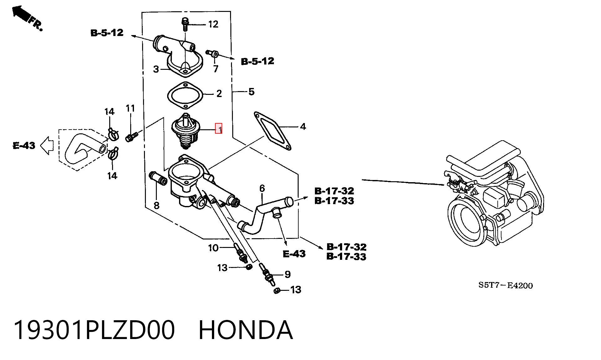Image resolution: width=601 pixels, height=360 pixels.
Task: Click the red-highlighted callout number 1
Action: [x=219, y=128]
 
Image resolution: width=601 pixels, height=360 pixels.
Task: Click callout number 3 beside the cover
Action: [x=156, y=69]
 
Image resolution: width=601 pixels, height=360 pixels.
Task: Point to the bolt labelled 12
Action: [x=185, y=24]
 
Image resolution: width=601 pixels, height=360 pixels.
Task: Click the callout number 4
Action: [x=303, y=126]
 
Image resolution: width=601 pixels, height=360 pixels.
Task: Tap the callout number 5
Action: [x=251, y=92]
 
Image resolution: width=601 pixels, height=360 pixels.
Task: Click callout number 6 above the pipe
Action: [x=262, y=188]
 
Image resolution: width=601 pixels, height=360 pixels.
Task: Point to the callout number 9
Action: [x=287, y=275]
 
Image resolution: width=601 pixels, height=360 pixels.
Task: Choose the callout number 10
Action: [x=213, y=248]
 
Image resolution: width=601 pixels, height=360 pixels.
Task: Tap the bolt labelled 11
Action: [x=132, y=137]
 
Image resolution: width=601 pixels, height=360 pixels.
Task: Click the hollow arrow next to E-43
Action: [x=47, y=146]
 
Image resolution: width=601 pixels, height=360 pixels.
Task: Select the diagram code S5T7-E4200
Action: [x=506, y=285]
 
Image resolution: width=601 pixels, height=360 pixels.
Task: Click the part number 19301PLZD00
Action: [x=94, y=330]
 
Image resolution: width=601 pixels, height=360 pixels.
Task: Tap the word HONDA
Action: [x=246, y=330]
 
